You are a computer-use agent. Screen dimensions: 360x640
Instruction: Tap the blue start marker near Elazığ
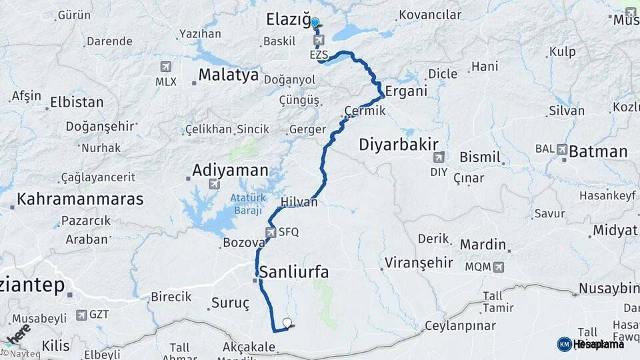(x=315, y=22)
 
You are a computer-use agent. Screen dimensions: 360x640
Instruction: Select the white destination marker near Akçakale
(x=287, y=323)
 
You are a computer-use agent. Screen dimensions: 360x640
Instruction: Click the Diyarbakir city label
(x=399, y=144)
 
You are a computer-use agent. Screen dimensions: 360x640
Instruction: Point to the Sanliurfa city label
(x=294, y=272)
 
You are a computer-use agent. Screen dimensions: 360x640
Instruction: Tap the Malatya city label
(x=228, y=75)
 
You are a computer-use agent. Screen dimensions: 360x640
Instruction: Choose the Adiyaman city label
(x=230, y=171)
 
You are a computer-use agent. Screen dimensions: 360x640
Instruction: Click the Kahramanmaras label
(x=80, y=199)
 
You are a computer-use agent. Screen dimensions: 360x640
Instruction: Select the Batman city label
(x=598, y=152)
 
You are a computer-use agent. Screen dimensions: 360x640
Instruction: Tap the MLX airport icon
(x=166, y=67)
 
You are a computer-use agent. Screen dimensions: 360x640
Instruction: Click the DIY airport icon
(x=438, y=157)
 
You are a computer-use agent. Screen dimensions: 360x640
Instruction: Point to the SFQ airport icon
(x=271, y=232)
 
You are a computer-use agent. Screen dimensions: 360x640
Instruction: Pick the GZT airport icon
(x=81, y=315)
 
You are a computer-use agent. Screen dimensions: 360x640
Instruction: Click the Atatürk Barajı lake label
(x=247, y=203)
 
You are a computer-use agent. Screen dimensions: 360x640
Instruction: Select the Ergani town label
(x=405, y=91)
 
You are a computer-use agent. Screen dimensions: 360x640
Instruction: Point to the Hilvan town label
(x=299, y=202)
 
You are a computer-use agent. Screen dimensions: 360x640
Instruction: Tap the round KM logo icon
(x=564, y=344)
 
